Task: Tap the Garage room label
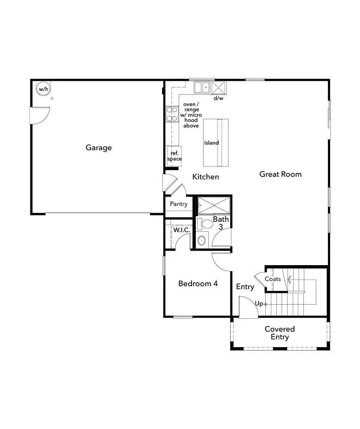click(99, 148)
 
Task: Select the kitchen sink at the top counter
click(202, 88)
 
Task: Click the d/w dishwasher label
click(219, 98)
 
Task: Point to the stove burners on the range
click(172, 114)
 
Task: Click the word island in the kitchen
click(211, 143)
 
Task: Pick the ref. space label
click(174, 156)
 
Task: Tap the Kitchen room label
click(206, 177)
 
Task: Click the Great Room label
click(280, 174)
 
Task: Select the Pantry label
click(179, 204)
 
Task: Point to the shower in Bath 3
click(214, 205)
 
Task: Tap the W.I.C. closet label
click(181, 230)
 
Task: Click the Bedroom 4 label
click(198, 284)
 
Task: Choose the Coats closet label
click(273, 279)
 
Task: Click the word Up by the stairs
click(259, 304)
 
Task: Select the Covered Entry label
click(280, 333)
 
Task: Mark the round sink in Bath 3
click(202, 240)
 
